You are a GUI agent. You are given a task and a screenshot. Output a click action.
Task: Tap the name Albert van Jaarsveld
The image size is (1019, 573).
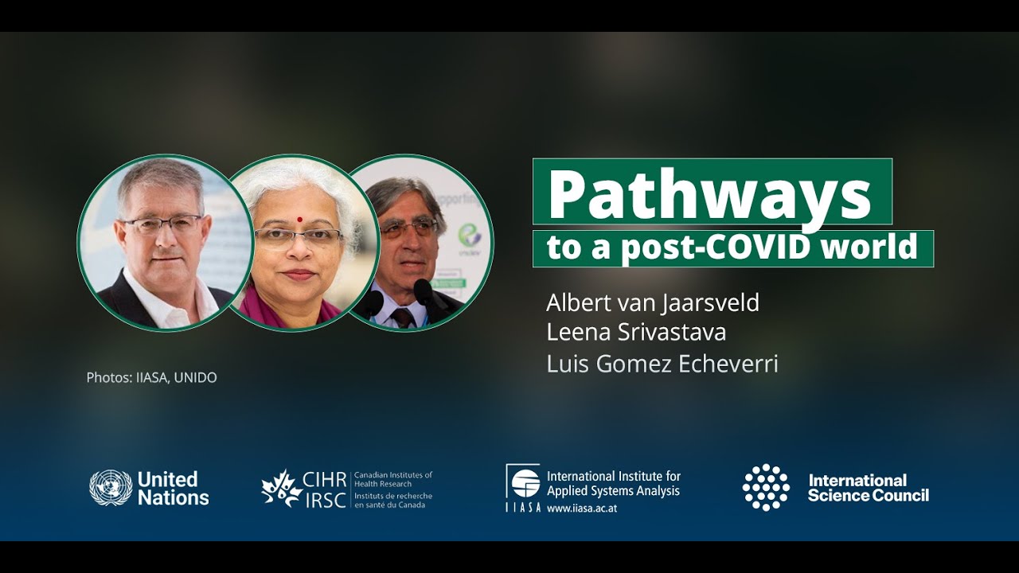point(653,302)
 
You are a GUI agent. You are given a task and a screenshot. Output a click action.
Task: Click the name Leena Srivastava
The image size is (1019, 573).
point(636,332)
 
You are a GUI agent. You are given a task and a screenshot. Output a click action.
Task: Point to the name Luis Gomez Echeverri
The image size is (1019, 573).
point(662,363)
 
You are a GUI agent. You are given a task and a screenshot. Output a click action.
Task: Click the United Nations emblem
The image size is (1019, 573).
point(111,488)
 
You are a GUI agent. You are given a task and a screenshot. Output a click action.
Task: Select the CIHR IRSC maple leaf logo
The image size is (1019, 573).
point(282,489)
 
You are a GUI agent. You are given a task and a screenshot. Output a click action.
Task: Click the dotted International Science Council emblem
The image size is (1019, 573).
point(766,487)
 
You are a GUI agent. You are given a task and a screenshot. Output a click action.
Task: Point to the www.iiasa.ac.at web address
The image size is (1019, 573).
point(581,508)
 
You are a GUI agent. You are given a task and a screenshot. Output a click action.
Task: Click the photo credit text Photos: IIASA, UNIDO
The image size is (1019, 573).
point(151,377)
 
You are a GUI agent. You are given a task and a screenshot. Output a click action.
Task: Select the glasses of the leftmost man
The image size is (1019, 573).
point(162,224)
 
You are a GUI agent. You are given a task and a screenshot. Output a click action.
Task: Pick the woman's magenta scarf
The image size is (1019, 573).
point(263,307)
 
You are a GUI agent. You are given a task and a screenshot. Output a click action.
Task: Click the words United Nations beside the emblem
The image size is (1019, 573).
point(173,489)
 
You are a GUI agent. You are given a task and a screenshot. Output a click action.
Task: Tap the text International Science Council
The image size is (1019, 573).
point(868,488)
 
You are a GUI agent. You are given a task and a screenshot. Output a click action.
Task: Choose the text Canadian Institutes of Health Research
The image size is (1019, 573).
point(392,479)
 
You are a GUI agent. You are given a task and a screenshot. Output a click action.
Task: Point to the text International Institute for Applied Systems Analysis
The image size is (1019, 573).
point(613,483)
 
